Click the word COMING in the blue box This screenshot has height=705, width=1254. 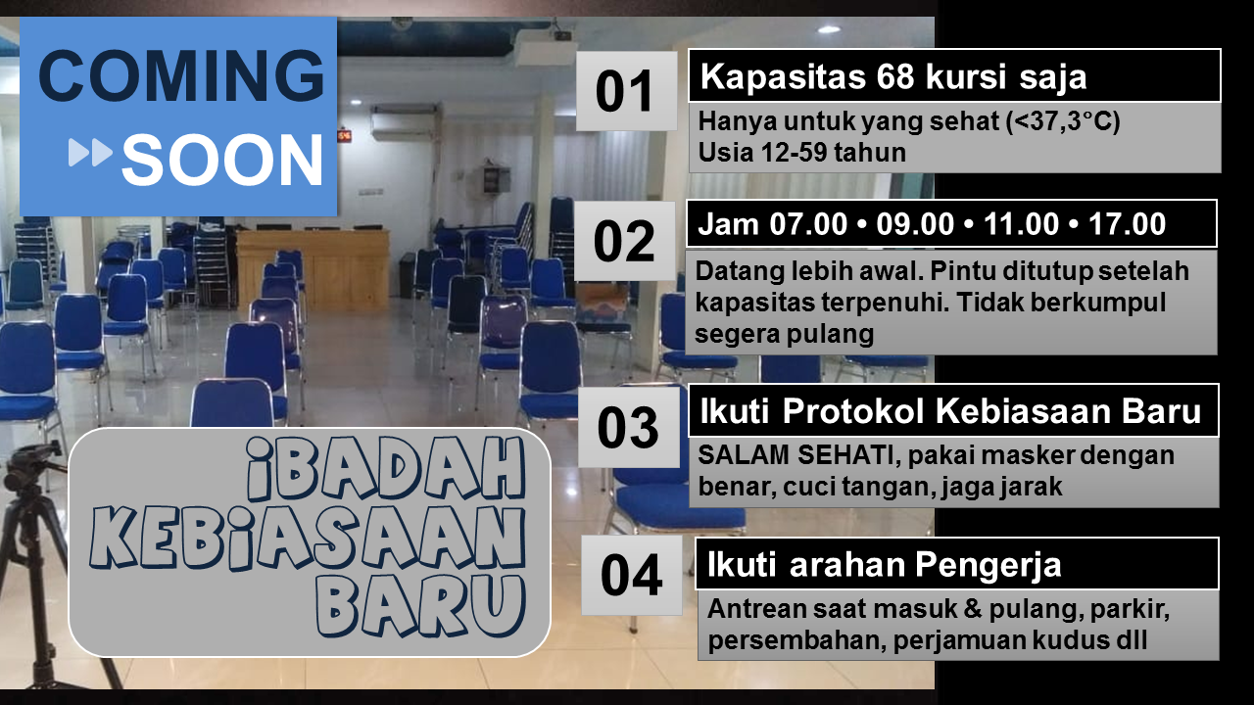coord(181,75)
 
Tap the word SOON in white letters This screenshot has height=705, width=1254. coord(222,160)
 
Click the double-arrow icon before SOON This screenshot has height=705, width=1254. coord(90,153)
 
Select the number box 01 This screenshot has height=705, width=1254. coord(626,91)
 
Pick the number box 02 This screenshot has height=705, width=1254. coord(625,241)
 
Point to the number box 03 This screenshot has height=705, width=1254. coord(629,428)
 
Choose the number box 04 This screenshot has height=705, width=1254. coord(632,575)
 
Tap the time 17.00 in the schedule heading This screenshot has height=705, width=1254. coord(1127,224)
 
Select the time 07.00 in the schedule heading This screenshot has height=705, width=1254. coord(808,224)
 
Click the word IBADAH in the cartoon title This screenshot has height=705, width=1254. coord(386,469)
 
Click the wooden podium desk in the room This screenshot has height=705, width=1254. coord(313,268)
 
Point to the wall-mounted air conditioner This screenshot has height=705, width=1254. coord(405,122)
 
